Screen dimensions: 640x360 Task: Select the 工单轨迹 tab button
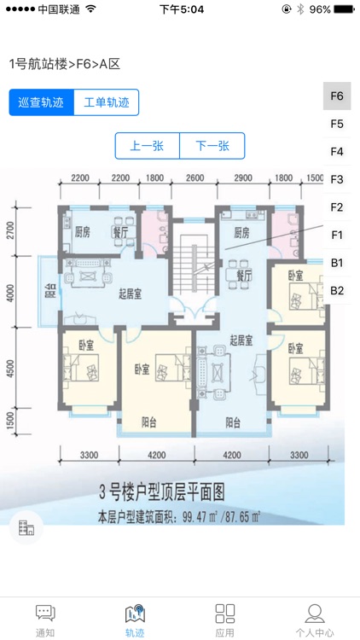pyautogui.click(x=107, y=102)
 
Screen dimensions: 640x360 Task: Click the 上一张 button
pyautogui.click(x=148, y=146)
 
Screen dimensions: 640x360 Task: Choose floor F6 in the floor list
pyautogui.click(x=337, y=96)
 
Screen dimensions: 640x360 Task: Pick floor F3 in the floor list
pyautogui.click(x=337, y=179)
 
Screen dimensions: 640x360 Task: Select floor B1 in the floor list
pyautogui.click(x=337, y=262)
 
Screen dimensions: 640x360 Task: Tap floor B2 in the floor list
pyautogui.click(x=337, y=290)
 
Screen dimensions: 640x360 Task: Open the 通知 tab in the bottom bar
pyautogui.click(x=45, y=620)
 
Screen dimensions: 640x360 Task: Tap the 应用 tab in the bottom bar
pyautogui.click(x=225, y=620)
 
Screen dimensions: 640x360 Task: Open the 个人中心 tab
pyautogui.click(x=315, y=620)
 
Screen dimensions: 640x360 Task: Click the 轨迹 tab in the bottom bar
pyautogui.click(x=135, y=620)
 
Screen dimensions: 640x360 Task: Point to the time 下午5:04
pyautogui.click(x=181, y=9)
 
